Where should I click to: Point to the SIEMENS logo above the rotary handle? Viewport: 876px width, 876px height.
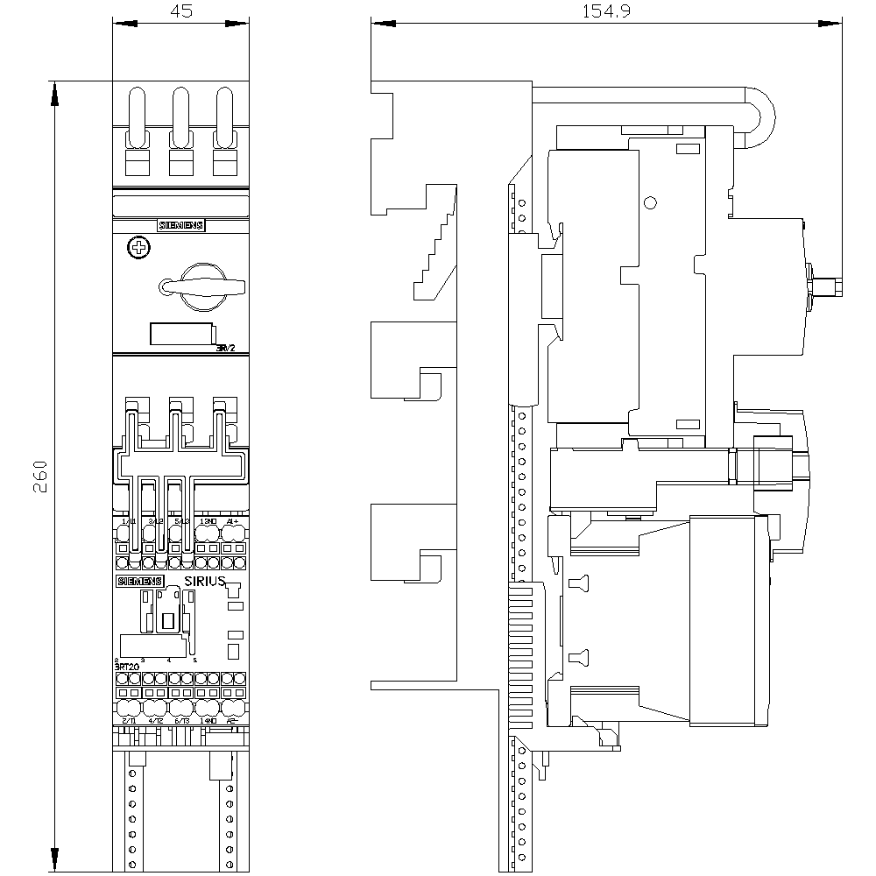tap(180, 225)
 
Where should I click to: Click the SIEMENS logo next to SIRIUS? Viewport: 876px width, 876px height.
tap(140, 582)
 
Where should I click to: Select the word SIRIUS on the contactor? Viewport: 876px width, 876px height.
tap(205, 582)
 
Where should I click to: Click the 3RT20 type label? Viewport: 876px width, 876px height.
tap(127, 667)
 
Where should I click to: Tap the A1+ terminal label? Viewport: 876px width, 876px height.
tap(232, 522)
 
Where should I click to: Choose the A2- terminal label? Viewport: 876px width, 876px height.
tap(232, 720)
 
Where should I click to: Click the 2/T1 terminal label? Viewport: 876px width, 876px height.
tap(129, 720)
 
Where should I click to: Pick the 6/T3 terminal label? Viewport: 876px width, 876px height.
tap(181, 720)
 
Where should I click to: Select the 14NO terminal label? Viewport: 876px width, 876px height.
tap(208, 720)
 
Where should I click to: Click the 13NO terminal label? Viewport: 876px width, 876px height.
tap(208, 522)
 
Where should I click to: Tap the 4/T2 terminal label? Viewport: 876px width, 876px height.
tap(155, 720)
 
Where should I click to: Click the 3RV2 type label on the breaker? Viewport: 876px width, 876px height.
tap(227, 349)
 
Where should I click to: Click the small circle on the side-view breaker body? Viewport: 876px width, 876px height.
tap(649, 203)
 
